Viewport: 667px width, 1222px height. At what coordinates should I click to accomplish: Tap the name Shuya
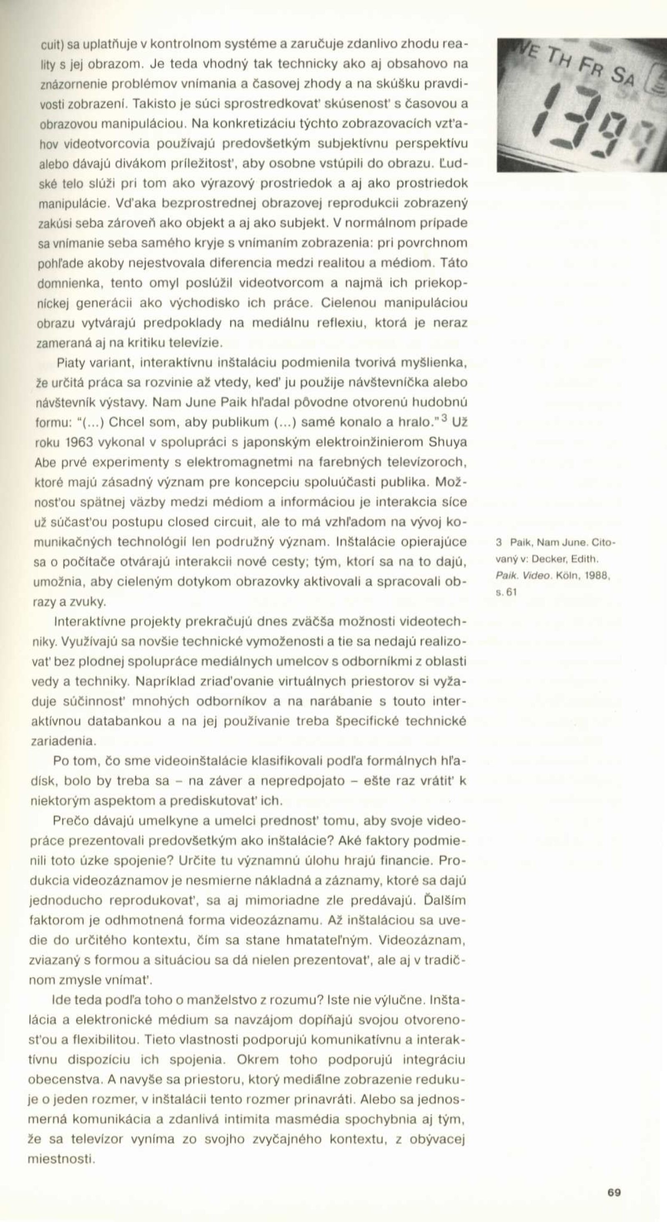pos(448,442)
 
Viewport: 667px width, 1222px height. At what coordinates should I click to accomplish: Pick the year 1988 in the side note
pos(596,576)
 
